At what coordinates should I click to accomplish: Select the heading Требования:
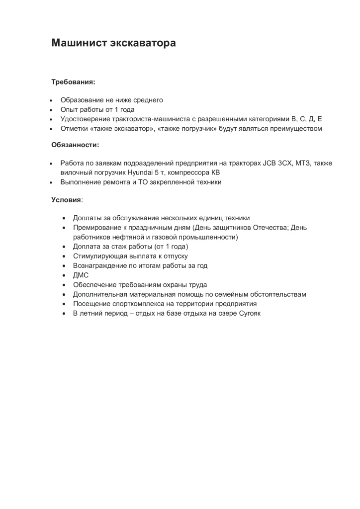click(x=73, y=82)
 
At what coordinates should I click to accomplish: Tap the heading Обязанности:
click(x=75, y=145)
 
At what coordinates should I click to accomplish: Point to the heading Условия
click(x=66, y=199)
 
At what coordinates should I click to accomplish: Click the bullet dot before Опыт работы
click(x=51, y=110)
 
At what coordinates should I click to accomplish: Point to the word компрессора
click(x=189, y=172)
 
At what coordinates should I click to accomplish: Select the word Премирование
click(x=96, y=228)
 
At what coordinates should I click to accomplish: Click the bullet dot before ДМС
click(x=64, y=275)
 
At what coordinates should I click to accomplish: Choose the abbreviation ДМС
click(x=81, y=275)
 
